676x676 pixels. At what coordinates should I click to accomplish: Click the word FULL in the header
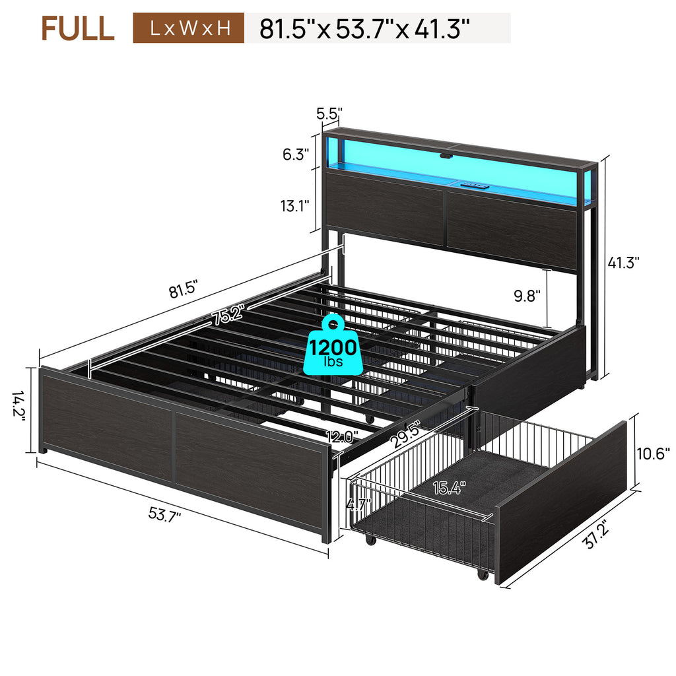[x=78, y=28]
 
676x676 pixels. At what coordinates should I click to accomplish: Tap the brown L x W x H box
[x=188, y=28]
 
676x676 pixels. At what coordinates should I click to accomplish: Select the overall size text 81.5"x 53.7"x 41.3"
[x=364, y=29]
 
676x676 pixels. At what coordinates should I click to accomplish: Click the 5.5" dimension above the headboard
[x=329, y=114]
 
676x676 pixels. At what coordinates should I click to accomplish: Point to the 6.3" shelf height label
[x=296, y=154]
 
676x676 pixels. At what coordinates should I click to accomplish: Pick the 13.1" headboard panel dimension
[x=295, y=206]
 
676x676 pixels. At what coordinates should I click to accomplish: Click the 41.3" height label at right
[x=623, y=262]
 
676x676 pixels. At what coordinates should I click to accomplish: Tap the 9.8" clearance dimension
[x=527, y=296]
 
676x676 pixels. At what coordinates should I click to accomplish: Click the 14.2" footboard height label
[x=19, y=405]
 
